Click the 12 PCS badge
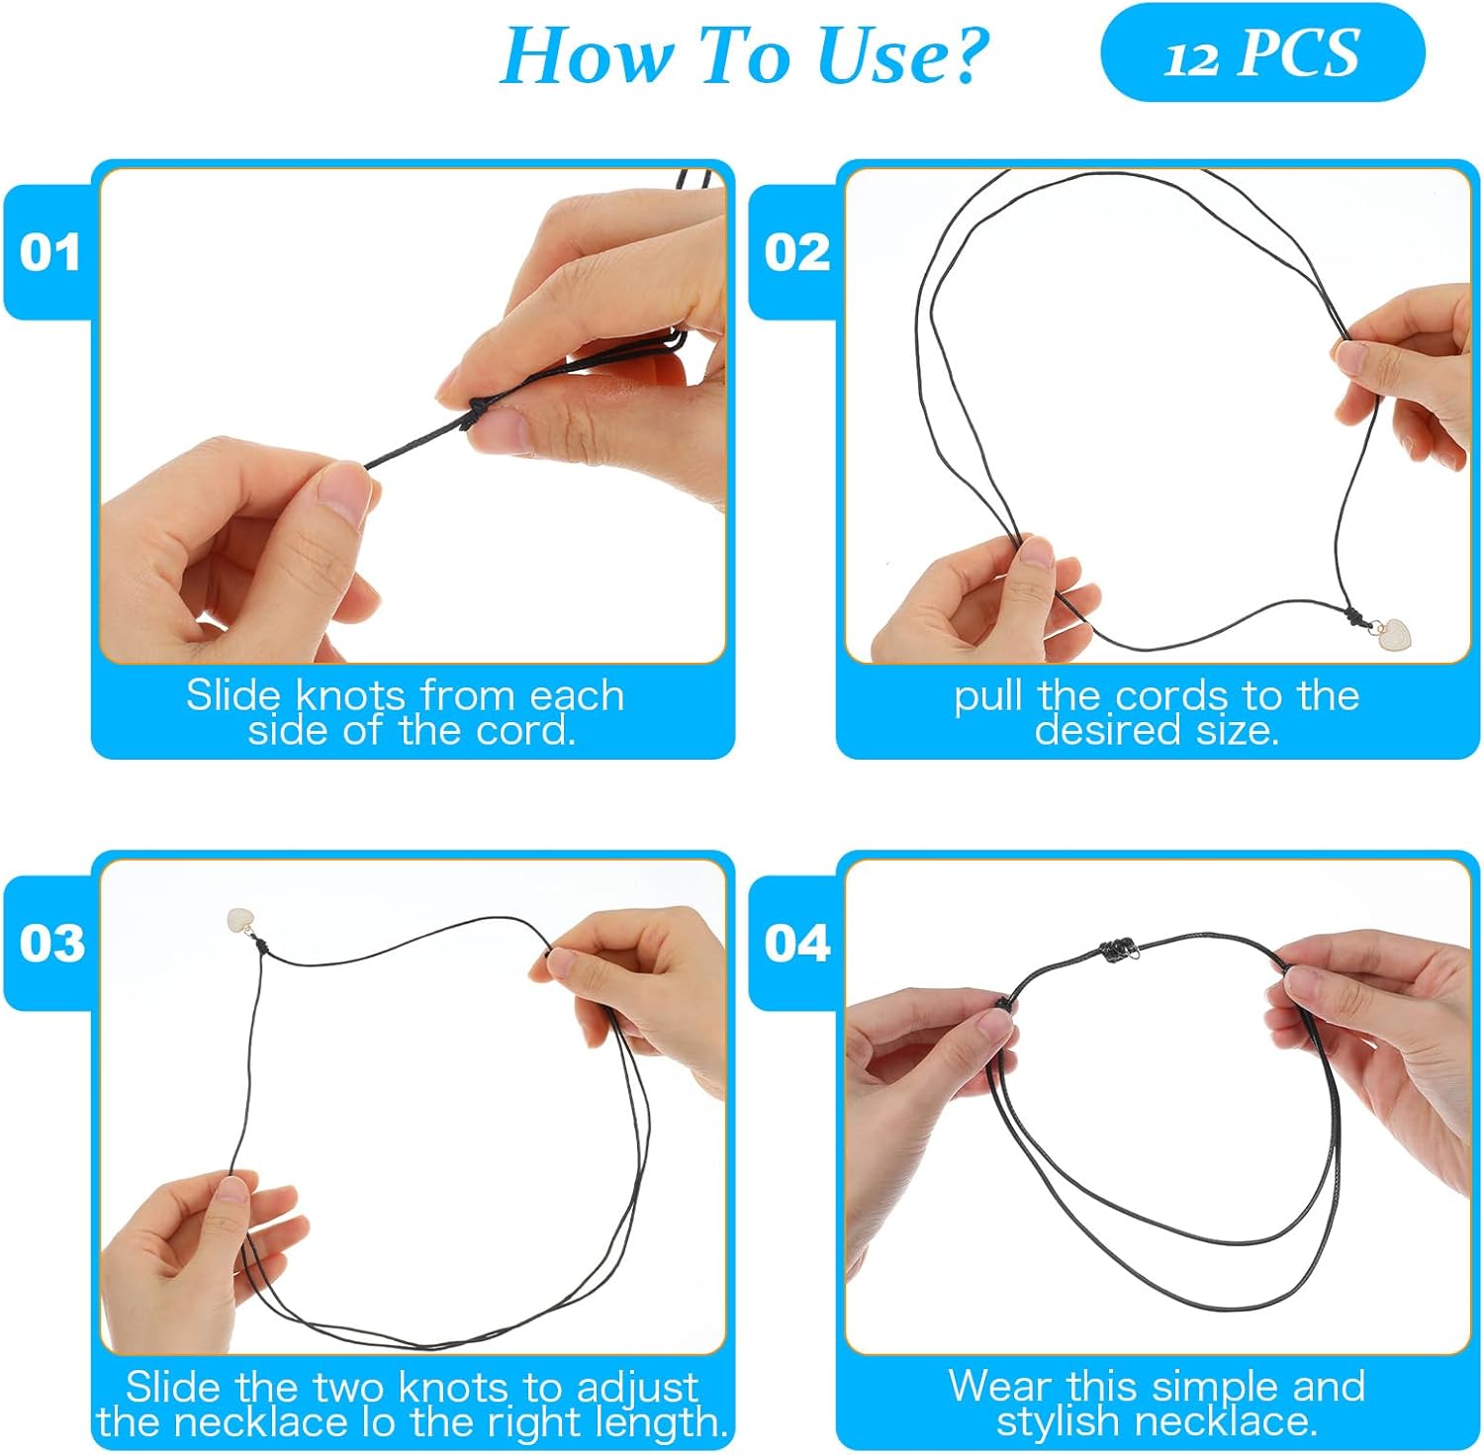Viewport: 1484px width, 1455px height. [1261, 52]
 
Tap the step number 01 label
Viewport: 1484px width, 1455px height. [49, 252]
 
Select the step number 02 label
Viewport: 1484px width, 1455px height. [796, 252]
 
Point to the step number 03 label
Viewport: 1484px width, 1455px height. [51, 943]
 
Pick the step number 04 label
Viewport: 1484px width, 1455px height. [796, 943]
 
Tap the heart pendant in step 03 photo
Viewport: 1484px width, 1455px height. [240, 922]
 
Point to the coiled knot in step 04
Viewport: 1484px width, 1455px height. [1116, 952]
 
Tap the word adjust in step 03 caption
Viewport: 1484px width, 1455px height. [637, 1387]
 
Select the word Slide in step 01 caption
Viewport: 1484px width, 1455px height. [233, 695]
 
